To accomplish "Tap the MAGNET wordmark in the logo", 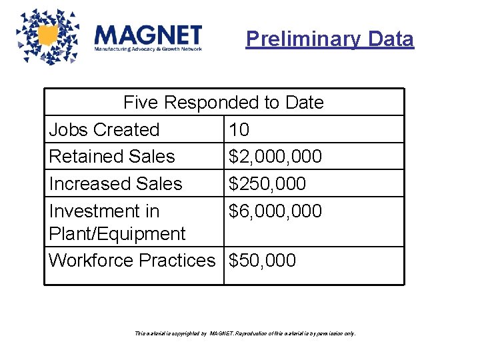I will point(148,35).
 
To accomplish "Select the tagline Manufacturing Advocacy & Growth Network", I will point(147,49).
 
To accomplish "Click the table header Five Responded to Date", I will point(223,103).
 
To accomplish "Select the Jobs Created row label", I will point(104,130).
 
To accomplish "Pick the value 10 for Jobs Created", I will point(239,130).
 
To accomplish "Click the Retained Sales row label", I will point(111,157).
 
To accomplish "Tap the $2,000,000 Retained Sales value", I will point(275,157).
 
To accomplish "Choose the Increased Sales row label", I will point(115,183).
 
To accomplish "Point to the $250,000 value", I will point(267,183).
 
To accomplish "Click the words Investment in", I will point(104,211).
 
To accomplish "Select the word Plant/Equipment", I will point(117,234).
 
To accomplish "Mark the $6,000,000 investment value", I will point(275,211).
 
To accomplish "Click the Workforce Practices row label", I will point(132,260).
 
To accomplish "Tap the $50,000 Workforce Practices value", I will point(262,260).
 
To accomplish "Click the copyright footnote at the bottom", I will point(245,333).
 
